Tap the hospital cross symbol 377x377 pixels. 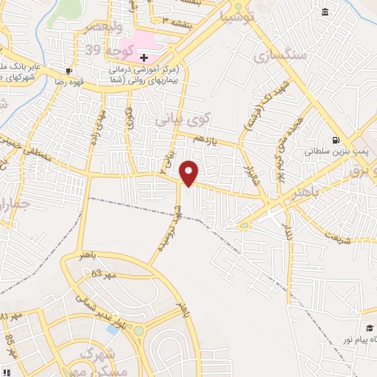[x=144, y=57]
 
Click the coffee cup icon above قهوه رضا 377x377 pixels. [x=68, y=71]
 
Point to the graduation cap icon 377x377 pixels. [x=369, y=328]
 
